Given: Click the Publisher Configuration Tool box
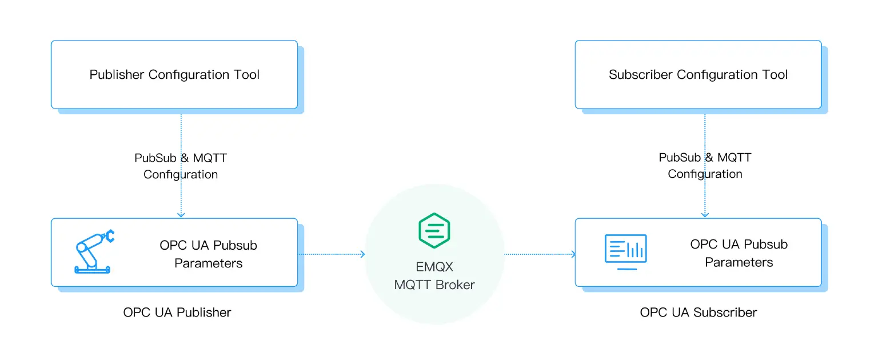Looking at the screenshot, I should (x=174, y=74).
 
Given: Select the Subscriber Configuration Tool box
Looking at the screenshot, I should (x=698, y=74).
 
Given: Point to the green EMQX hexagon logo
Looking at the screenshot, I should (x=434, y=230).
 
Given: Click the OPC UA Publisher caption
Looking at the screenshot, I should (x=177, y=313).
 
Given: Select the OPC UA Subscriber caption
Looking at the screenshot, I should (x=699, y=313).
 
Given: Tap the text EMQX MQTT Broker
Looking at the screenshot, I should (x=434, y=275).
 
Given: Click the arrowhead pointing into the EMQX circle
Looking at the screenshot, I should (x=362, y=254).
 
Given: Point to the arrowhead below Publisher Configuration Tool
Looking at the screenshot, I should (x=181, y=215).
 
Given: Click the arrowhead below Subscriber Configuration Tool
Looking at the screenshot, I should (x=705, y=215).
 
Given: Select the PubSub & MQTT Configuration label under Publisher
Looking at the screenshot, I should (x=181, y=166).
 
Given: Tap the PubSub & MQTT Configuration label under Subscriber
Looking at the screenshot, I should (x=705, y=166).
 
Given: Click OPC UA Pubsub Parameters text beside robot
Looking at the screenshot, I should (x=209, y=254).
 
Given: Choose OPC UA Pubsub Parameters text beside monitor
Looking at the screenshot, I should (x=739, y=253).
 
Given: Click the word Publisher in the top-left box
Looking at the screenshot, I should (x=117, y=74).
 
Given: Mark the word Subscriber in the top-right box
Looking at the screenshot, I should (x=641, y=74).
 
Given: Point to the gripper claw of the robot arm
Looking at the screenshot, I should (x=109, y=234).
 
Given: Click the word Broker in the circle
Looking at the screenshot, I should (x=456, y=285).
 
